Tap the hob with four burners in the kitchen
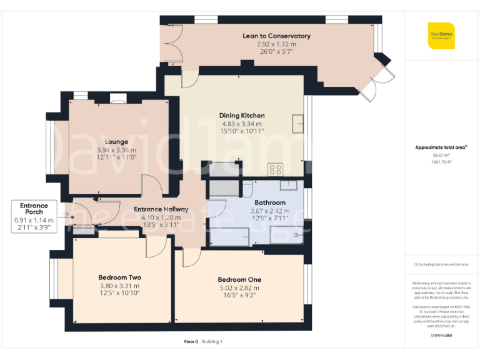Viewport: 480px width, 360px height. [275, 169]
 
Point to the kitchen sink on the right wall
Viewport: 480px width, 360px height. [297, 122]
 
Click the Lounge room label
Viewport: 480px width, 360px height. [116, 142]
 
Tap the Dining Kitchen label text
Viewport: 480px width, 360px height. [241, 116]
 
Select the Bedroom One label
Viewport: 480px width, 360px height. [239, 279]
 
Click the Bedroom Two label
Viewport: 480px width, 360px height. [119, 277]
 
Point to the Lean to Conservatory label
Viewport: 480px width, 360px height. [276, 36]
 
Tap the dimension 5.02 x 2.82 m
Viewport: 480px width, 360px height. [239, 288]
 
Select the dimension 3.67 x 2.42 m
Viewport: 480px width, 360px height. [270, 211]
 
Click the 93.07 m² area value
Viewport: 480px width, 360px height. [441, 155]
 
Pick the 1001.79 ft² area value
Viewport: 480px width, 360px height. [441, 161]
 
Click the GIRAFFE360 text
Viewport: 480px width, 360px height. [441, 336]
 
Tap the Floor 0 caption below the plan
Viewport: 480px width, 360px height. [191, 341]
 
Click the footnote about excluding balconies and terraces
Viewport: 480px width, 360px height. [441, 264]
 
